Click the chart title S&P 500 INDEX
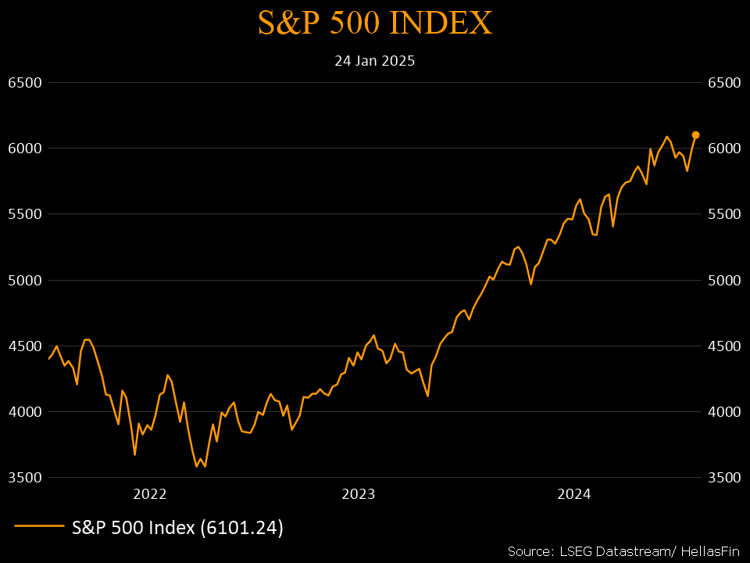click(375, 23)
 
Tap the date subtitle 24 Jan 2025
click(375, 60)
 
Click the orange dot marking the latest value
click(695, 134)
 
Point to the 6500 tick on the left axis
click(24, 83)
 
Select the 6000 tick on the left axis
click(24, 149)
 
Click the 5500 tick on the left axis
click(24, 214)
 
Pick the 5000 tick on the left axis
click(24, 280)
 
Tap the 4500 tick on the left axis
click(24, 346)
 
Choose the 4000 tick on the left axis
click(24, 411)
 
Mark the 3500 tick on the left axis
click(24, 477)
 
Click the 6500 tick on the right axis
click(724, 83)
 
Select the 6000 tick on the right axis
click(724, 149)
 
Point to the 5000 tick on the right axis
click(724, 280)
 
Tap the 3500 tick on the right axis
click(724, 477)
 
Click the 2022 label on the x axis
click(150, 494)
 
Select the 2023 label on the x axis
click(359, 494)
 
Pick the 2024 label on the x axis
click(573, 494)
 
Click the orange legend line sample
click(39, 528)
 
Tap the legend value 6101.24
click(241, 528)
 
